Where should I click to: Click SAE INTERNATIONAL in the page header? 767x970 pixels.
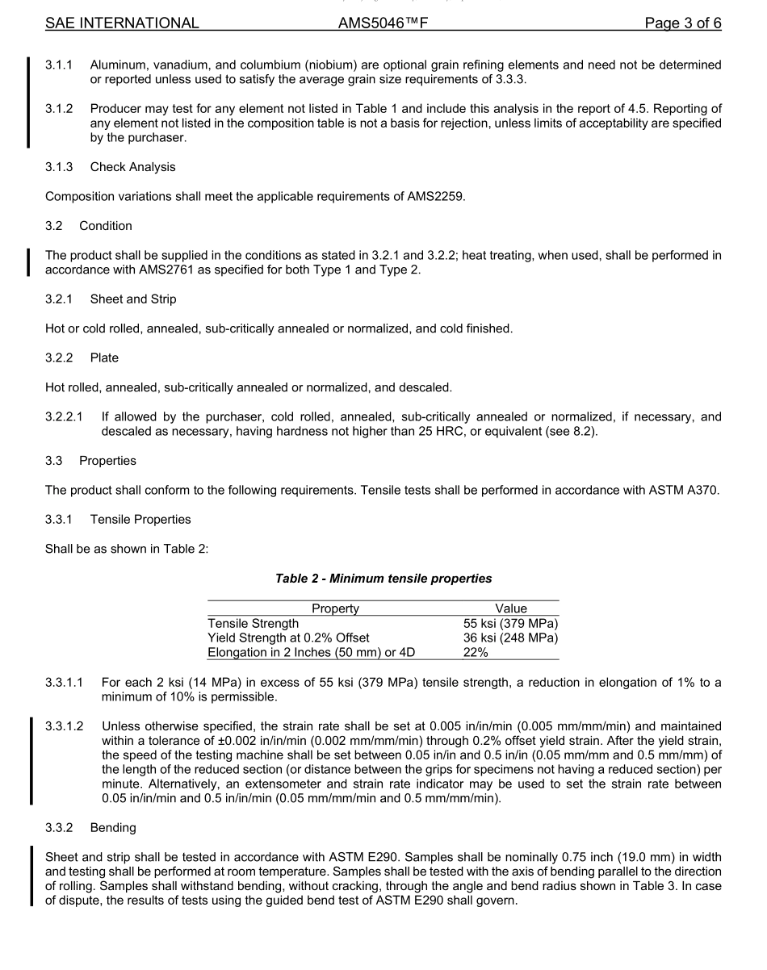(122, 23)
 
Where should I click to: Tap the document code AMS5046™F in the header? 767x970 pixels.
(383, 23)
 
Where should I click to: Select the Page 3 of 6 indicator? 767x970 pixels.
(682, 23)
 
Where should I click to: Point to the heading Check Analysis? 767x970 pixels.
(132, 167)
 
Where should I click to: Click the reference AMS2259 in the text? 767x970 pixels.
(435, 196)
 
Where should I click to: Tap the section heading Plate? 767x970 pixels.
(105, 357)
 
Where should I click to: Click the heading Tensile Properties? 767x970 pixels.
(140, 519)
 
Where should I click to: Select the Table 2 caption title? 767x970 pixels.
(383, 579)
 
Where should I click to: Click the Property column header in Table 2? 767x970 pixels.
(335, 608)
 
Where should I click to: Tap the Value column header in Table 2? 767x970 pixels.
(510, 608)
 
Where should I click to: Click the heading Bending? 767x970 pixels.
(113, 829)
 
